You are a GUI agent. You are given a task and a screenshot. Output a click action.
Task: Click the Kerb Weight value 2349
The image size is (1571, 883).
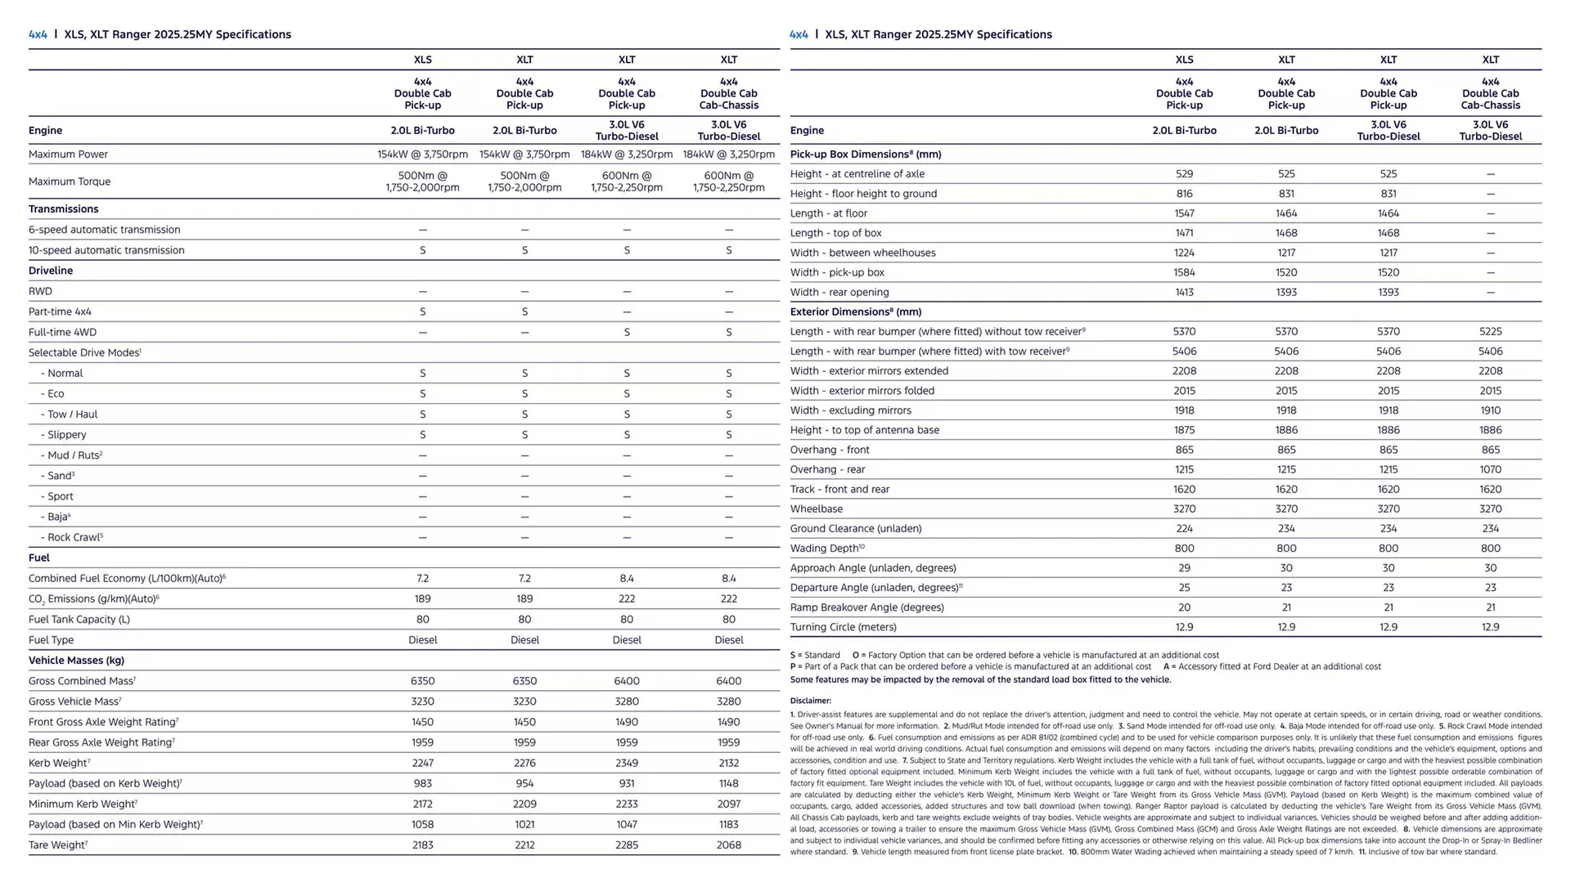tap(627, 763)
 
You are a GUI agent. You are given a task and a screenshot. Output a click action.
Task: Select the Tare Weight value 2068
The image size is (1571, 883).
tap(728, 845)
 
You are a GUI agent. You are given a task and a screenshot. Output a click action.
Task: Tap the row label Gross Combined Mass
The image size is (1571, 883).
tap(82, 681)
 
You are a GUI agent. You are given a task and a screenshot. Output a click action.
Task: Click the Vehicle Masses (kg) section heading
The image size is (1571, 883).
tap(76, 661)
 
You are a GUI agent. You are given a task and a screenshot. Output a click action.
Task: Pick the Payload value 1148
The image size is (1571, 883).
tap(728, 783)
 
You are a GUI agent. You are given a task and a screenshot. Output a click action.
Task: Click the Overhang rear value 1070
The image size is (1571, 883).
tap(1490, 469)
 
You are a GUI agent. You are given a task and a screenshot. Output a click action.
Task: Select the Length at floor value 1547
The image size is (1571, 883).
tap(1184, 213)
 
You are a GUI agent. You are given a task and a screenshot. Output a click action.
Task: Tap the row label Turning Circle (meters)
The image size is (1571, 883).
tap(843, 627)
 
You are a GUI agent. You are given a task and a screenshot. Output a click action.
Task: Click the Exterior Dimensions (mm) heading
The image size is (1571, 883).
tap(855, 312)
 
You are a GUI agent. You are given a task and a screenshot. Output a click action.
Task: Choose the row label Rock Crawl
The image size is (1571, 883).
tap(72, 537)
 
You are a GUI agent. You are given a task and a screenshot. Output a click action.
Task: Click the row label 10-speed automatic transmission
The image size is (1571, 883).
tap(106, 250)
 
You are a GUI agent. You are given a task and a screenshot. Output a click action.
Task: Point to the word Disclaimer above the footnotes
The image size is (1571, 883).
tap(810, 701)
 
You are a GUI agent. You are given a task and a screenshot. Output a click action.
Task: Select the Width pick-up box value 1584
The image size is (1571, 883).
tap(1184, 272)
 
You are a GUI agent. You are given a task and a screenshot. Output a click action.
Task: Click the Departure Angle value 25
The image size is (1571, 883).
tap(1184, 588)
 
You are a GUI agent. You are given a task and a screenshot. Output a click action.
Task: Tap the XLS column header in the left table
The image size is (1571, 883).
tap(422, 60)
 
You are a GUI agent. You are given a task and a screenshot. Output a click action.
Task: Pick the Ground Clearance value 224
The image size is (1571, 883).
tap(1184, 529)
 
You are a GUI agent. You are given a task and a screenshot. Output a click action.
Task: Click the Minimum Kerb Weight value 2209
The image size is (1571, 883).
tap(524, 804)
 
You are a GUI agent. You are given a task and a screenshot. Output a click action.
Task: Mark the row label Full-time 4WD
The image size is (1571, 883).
tap(62, 332)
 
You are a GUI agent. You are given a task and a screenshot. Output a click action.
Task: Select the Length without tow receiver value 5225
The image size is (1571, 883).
tap(1490, 331)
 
